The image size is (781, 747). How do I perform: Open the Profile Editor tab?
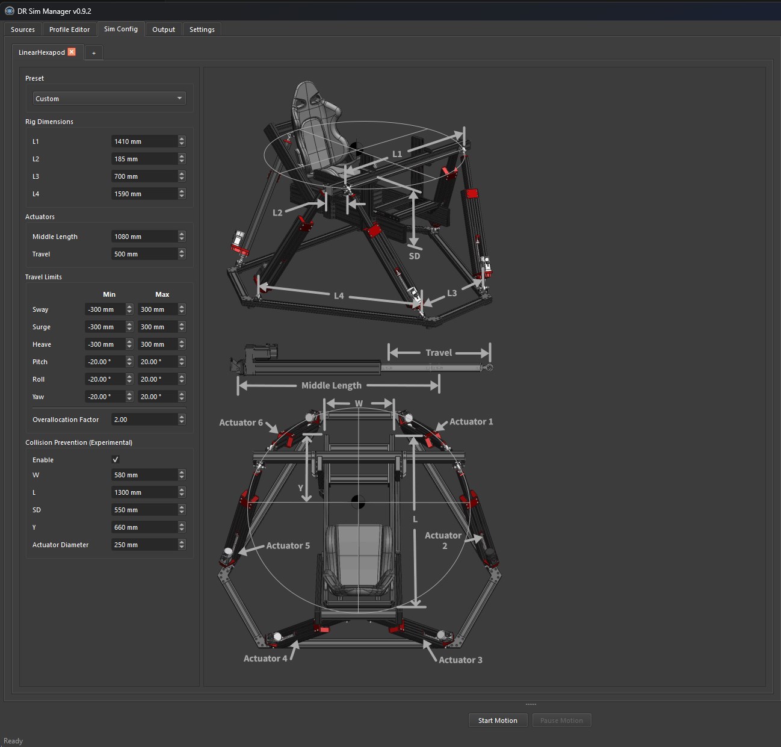(69, 29)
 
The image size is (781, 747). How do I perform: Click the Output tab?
(163, 29)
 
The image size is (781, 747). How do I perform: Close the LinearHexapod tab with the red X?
(72, 52)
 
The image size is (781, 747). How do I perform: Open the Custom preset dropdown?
(109, 98)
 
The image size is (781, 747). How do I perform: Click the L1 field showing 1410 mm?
(144, 141)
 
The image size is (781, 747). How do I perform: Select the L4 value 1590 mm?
(144, 194)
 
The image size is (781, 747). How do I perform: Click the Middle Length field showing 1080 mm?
(144, 237)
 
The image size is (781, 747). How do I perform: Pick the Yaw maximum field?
(157, 397)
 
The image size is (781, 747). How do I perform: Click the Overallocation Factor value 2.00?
(144, 420)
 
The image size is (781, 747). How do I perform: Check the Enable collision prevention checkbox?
(116, 460)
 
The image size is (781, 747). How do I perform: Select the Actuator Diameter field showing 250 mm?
(144, 545)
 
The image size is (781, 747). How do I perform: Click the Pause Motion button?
(561, 720)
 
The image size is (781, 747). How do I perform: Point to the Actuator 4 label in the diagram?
(265, 659)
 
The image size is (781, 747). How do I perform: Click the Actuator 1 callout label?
(471, 421)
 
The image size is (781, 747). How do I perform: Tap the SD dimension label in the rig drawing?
(414, 256)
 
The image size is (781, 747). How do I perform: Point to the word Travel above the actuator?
(439, 352)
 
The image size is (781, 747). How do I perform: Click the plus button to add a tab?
(93, 53)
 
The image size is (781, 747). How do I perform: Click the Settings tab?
(202, 29)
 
